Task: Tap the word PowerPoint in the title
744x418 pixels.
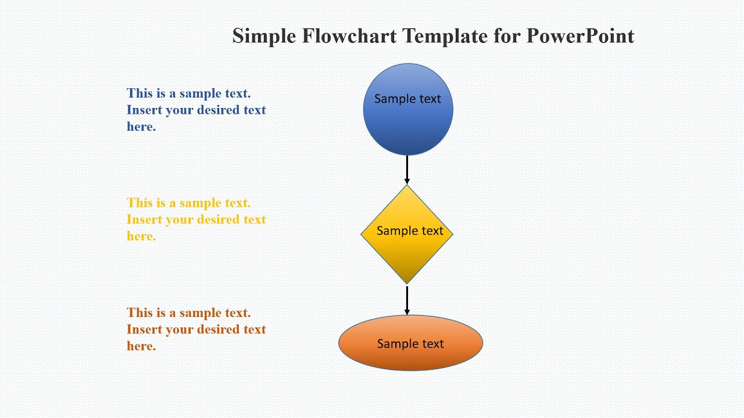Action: pos(580,36)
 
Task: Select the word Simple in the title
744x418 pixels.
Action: pos(264,36)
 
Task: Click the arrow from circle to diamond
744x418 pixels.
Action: pos(407,170)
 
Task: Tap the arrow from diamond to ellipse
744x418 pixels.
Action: pos(407,300)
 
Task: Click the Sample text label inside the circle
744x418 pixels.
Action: pos(407,99)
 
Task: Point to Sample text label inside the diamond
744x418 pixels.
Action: pos(410,231)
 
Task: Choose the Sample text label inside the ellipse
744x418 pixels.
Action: pos(410,344)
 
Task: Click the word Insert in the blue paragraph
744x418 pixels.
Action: pos(144,110)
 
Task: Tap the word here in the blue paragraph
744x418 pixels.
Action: pos(141,127)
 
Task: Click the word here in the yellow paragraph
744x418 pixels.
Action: pos(141,236)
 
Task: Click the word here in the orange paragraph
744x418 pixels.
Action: pos(141,346)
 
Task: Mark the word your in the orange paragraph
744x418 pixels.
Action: pos(180,330)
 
